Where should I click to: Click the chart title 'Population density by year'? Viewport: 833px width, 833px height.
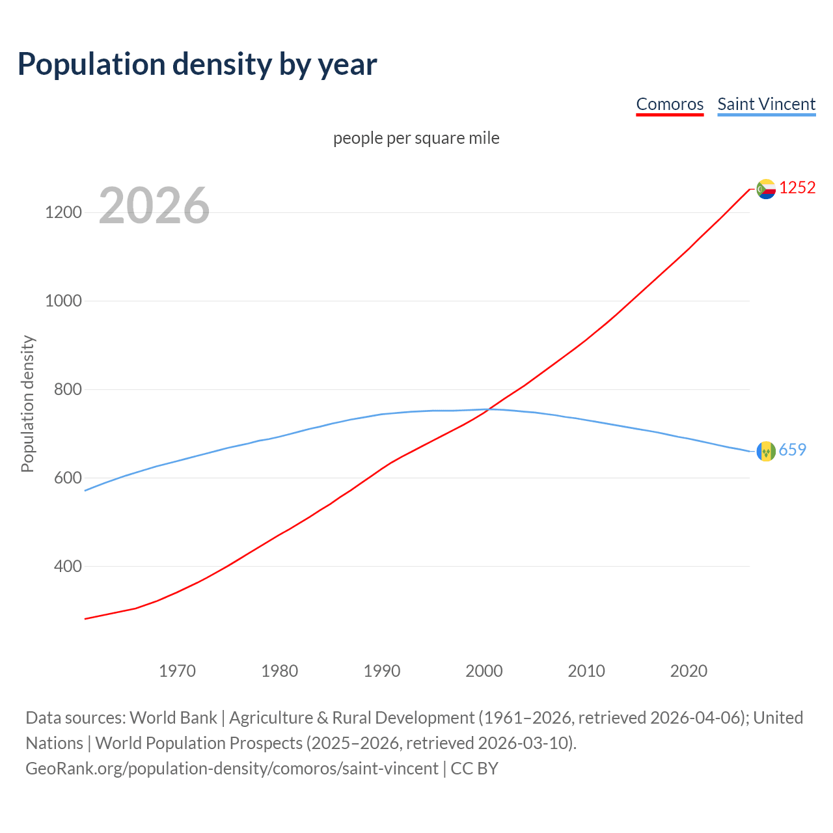coord(197,64)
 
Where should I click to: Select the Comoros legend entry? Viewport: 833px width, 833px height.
coord(670,104)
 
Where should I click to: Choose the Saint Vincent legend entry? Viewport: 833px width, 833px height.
coord(766,104)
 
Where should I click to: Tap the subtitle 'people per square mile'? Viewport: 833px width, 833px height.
coord(416,138)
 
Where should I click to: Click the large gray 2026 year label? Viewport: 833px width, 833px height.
coord(154,206)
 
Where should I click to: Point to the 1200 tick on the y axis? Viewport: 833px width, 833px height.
coord(64,212)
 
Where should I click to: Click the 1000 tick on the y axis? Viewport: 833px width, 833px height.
coord(64,301)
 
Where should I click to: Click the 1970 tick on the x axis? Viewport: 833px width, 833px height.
coord(177,671)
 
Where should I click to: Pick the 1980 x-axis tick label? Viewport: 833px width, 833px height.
coord(280,671)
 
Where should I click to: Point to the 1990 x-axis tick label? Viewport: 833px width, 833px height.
coord(382,671)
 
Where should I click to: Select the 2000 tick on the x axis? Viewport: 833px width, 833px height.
coord(484,671)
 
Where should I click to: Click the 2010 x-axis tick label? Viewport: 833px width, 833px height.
coord(586,671)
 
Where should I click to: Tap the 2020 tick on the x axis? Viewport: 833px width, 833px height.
coord(689,671)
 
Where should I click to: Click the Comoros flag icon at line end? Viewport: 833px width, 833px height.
coord(766,189)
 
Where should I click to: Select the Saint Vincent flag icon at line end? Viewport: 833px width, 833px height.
coord(766,450)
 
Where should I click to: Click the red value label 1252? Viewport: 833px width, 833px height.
coord(797,187)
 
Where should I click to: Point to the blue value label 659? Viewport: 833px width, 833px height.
coord(793,450)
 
